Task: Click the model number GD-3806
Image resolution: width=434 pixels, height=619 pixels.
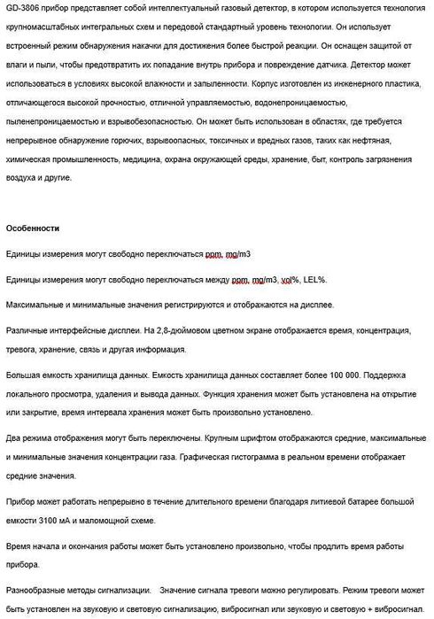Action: [x=22, y=8]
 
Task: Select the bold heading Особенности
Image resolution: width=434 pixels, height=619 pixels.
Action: [x=32, y=228]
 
